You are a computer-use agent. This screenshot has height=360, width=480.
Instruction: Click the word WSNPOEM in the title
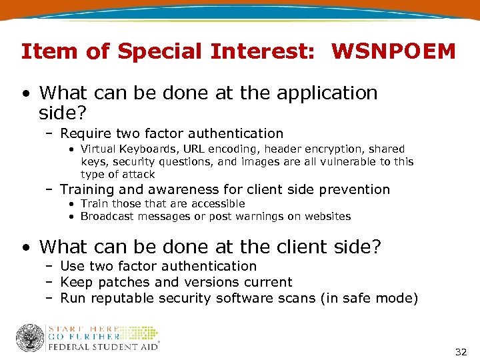click(x=393, y=51)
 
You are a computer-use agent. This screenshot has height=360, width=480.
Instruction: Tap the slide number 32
click(x=461, y=351)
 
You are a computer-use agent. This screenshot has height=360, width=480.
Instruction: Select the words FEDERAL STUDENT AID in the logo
click(x=103, y=347)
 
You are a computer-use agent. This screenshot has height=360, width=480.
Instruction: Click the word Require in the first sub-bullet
click(x=83, y=134)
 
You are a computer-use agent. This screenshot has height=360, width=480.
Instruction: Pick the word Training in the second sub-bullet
click(x=87, y=189)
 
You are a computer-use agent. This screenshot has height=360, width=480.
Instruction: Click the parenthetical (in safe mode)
click(x=369, y=298)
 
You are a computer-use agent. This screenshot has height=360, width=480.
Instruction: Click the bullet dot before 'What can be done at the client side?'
click(x=25, y=248)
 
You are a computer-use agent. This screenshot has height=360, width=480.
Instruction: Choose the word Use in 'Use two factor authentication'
click(x=71, y=266)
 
